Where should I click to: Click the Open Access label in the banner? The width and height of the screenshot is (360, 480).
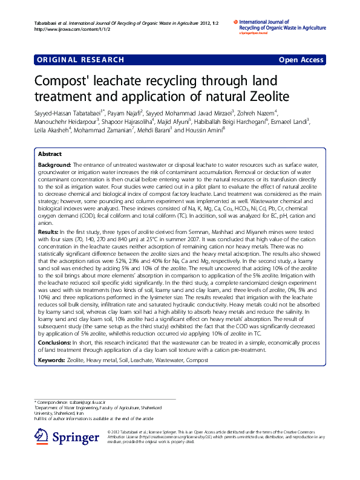(301, 60)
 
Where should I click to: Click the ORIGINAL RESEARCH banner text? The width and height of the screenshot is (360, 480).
(80, 60)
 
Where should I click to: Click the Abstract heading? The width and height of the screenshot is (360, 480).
(50, 154)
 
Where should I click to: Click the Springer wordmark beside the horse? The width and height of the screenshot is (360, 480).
(76, 437)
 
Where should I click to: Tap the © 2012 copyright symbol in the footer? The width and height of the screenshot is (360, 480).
(109, 431)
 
